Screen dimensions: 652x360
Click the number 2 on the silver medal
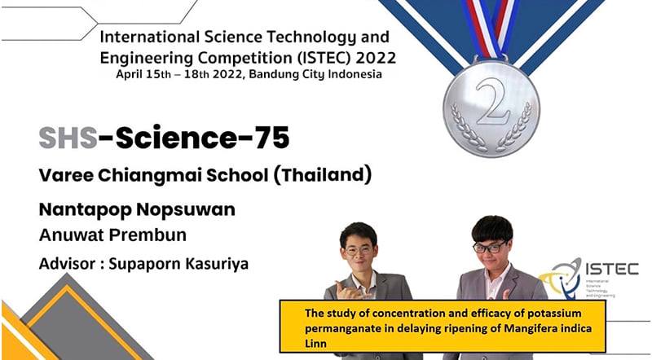point(493,102)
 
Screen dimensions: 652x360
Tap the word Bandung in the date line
point(272,74)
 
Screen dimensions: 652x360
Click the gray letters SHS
point(68,138)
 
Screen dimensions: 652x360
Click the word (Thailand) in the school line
point(322,175)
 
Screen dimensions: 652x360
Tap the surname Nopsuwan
point(186,209)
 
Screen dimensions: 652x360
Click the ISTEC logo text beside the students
point(612,269)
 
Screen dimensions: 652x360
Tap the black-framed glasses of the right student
point(490,248)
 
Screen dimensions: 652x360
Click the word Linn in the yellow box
point(315,344)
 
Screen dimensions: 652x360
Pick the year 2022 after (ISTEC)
point(376,58)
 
